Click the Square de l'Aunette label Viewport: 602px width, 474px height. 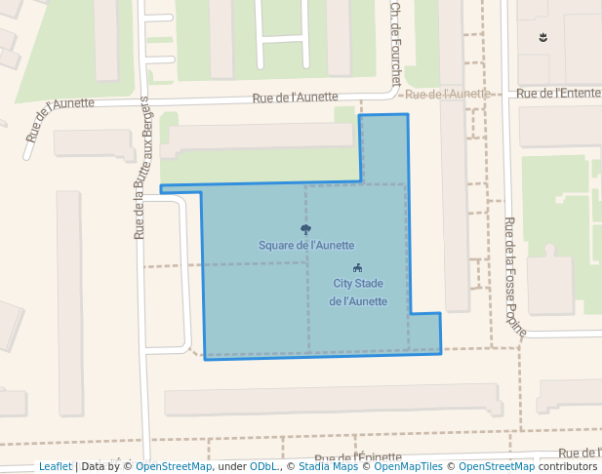tap(305, 246)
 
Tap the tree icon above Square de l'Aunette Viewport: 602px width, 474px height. tap(305, 230)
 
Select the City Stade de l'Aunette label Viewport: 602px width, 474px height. tap(358, 293)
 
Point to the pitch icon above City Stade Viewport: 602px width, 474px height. tap(358, 268)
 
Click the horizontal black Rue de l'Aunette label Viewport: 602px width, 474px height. tap(295, 98)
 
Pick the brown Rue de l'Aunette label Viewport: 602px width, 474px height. tap(447, 95)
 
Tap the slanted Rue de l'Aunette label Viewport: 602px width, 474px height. tap(60, 119)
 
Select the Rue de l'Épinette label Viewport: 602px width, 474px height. tap(357, 458)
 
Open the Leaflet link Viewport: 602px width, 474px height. tap(56, 467)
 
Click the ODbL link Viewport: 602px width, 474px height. tap(262, 467)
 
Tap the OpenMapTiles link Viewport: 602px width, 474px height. tap(411, 467)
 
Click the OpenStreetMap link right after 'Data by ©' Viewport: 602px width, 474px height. tap(174, 467)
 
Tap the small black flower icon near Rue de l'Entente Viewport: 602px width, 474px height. tap(543, 38)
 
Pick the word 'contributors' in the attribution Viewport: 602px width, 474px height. tap(568, 467)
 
